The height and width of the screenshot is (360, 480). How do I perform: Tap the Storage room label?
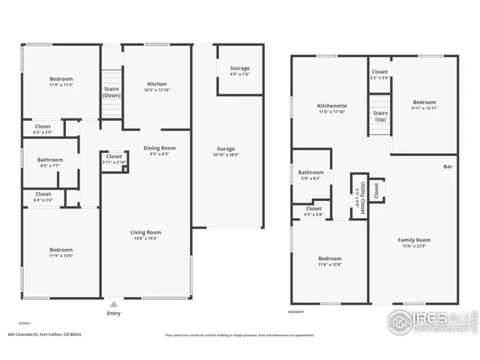[x=240, y=68]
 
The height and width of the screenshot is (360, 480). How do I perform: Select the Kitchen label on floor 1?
[x=157, y=84]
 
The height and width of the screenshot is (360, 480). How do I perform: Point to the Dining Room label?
[x=159, y=148]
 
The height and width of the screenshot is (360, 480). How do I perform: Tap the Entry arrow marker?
[x=113, y=304]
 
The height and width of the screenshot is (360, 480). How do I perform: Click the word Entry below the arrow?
[x=113, y=313]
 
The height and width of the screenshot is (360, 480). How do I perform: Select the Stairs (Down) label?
[x=112, y=92]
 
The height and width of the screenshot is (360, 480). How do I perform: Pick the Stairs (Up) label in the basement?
[x=380, y=115]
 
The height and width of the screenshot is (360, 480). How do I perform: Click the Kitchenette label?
[x=330, y=106]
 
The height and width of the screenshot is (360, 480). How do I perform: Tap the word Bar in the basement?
[x=448, y=166]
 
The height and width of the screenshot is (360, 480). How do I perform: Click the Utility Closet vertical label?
[x=360, y=196]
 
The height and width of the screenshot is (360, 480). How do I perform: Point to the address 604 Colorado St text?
[x=45, y=334]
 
